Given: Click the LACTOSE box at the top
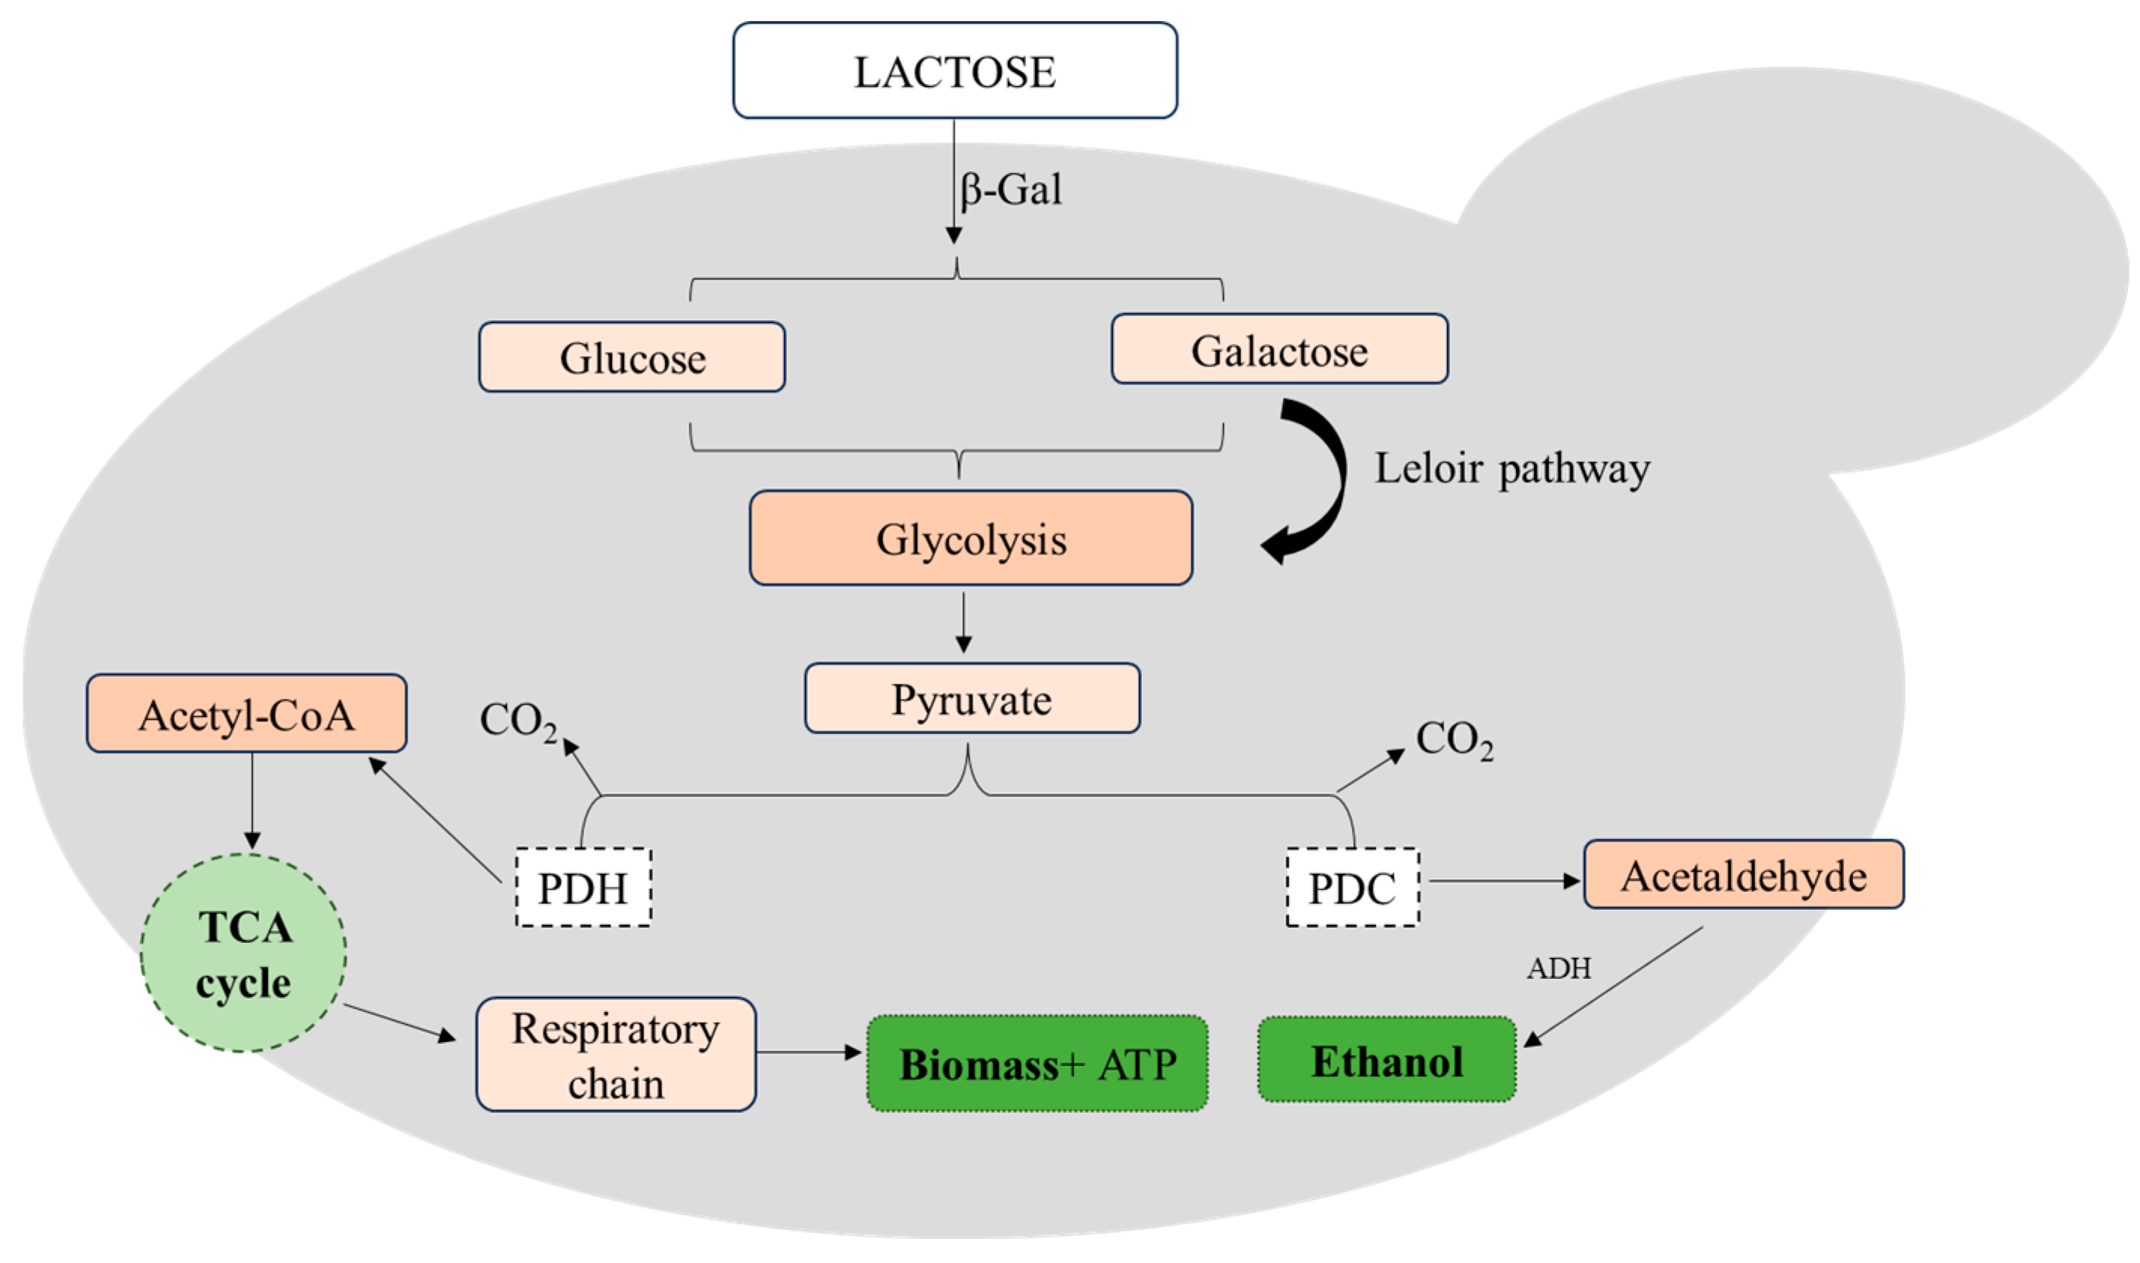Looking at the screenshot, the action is (955, 71).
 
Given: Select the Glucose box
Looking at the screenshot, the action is (631, 357).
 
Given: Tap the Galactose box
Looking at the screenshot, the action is (1279, 349).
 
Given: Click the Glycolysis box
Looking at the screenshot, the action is (970, 538).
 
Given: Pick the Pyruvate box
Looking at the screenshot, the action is (972, 698).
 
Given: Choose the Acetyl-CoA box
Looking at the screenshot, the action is (247, 713).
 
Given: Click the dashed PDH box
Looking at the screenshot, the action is (583, 887).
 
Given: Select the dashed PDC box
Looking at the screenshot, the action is (1352, 887).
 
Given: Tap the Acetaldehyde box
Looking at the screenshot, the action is (1743, 874).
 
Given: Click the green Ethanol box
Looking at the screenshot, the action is (1387, 1059).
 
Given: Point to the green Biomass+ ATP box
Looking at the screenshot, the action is (1037, 1063).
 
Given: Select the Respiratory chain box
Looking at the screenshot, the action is (616, 1054).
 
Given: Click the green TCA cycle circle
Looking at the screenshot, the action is (244, 953).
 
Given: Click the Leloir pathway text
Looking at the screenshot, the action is (1512, 469).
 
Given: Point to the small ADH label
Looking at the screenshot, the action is (1559, 968).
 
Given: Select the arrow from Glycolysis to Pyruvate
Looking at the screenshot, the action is (964, 623).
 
